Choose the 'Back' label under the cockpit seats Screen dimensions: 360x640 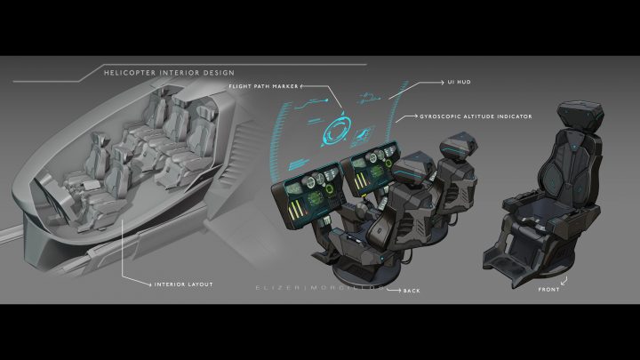(x=412, y=290)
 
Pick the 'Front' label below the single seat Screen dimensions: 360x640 (x=548, y=289)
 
